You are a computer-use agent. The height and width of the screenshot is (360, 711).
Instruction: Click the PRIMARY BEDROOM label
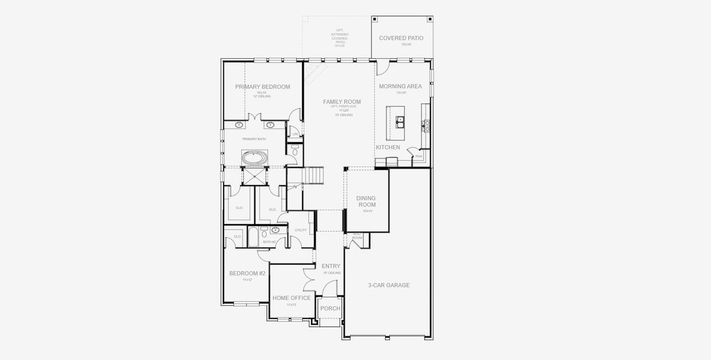coord(262,87)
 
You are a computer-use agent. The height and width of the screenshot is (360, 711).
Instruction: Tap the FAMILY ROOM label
coord(341,102)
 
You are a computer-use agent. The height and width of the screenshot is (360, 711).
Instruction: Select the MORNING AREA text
coord(400,86)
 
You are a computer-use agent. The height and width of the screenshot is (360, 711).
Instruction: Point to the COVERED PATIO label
coord(401,38)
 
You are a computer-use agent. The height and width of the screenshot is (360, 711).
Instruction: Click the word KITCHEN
coord(388,148)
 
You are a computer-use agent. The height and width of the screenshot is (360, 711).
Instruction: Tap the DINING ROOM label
coord(366,201)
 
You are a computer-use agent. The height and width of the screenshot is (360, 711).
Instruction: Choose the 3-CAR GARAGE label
coord(389,285)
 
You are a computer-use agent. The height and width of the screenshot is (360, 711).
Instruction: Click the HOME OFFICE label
coord(292,298)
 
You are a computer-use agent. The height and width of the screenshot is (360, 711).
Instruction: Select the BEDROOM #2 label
coord(247,274)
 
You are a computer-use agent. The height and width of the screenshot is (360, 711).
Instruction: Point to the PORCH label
coord(330,308)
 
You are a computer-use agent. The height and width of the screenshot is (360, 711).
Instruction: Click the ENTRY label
coord(331,266)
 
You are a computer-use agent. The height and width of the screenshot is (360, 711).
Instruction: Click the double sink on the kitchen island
coord(400,121)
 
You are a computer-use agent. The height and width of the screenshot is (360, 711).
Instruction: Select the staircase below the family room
coord(314,176)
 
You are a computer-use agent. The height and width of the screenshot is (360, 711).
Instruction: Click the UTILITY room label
coord(301,230)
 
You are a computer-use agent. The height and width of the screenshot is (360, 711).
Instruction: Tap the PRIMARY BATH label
coord(254,139)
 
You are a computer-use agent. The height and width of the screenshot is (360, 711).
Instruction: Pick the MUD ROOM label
coord(357,236)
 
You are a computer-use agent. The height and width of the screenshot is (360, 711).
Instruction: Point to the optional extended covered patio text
coord(340,37)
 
